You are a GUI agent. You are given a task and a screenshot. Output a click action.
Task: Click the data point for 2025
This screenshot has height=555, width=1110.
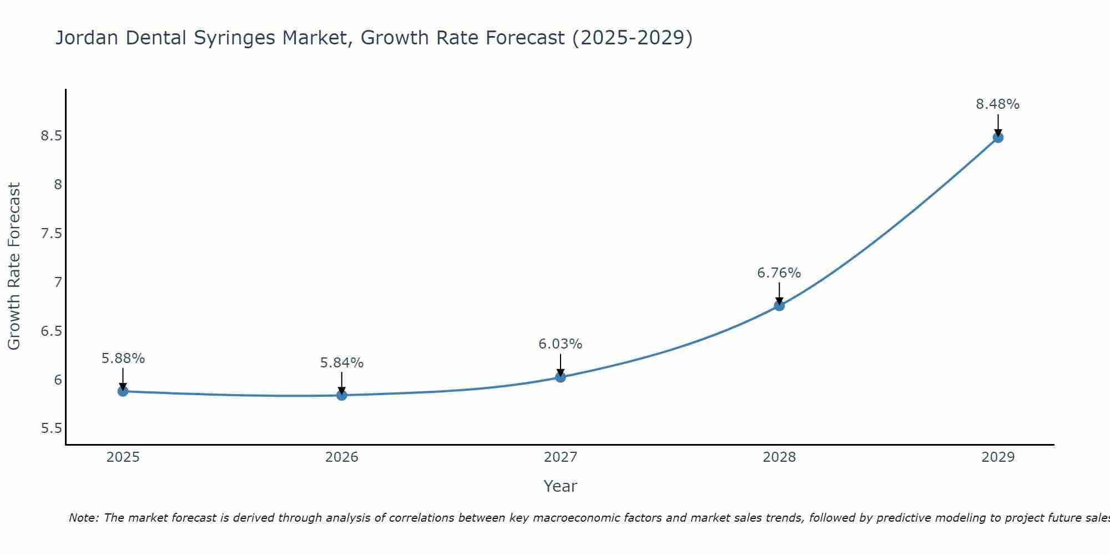(x=123, y=391)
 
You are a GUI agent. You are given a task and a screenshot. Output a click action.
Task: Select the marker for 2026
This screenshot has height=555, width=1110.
(x=342, y=395)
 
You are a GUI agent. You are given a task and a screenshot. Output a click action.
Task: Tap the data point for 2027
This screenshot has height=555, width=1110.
(x=561, y=377)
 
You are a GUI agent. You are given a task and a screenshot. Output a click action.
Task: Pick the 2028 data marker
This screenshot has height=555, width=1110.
(x=779, y=305)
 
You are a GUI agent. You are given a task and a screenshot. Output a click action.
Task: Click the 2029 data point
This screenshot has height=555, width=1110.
(x=998, y=138)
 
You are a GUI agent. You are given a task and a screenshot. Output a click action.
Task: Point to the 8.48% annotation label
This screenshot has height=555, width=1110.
(x=998, y=104)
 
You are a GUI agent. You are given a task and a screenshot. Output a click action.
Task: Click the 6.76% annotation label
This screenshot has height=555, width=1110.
(x=779, y=273)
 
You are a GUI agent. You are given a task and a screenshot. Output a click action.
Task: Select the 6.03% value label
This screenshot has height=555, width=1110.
(x=561, y=344)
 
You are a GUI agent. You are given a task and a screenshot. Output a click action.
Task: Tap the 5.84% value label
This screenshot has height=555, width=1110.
(x=342, y=363)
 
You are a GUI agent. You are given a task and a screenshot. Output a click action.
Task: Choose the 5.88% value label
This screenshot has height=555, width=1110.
(x=123, y=359)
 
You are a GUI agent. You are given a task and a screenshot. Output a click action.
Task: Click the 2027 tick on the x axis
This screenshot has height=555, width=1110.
(x=561, y=457)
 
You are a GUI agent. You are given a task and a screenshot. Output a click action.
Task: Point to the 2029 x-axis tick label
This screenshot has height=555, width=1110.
(x=998, y=457)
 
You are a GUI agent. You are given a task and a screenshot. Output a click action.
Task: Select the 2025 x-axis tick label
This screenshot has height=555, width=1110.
(x=123, y=457)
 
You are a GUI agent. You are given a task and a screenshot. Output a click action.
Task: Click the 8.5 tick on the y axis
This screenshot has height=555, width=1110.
(x=51, y=136)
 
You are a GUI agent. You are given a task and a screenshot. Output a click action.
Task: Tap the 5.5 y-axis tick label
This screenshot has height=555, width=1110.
(x=51, y=429)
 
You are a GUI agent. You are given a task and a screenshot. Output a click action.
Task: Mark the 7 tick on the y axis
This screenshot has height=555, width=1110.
(x=58, y=282)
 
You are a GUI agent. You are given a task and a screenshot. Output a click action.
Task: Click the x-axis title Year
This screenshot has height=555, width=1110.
(x=561, y=486)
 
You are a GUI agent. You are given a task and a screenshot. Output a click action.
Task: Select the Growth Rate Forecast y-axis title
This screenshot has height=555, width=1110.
(x=14, y=266)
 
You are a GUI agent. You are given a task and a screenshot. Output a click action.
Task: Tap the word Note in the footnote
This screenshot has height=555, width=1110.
(x=83, y=518)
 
